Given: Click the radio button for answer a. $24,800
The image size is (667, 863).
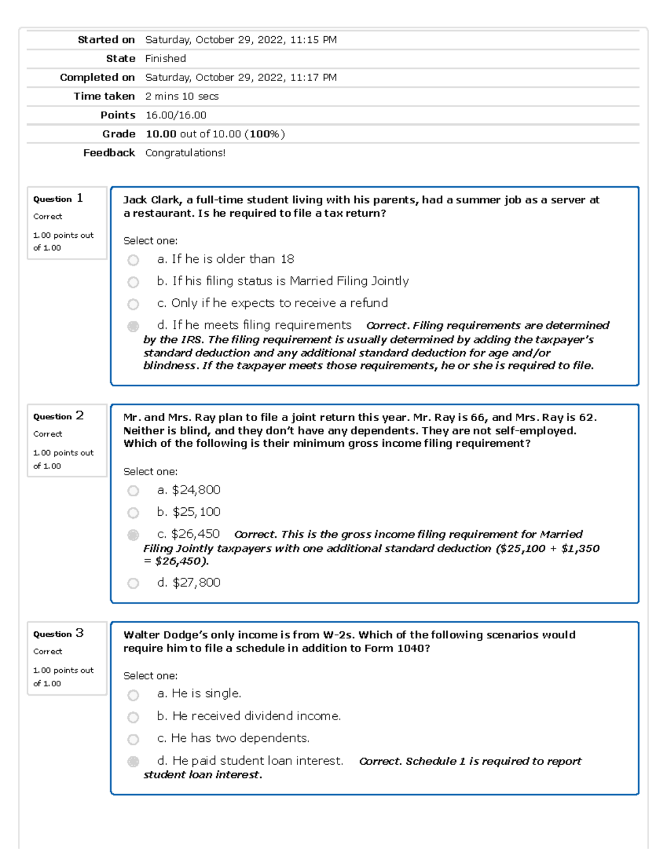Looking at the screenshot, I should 133,491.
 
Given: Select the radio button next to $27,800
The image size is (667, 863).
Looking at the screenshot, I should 133,583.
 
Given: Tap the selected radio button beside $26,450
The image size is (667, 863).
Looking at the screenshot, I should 133,535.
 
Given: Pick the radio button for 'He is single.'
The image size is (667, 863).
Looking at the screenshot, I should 133,695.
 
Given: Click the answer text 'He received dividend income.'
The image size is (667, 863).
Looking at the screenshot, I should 256,716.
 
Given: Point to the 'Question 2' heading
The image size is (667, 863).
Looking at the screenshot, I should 58,416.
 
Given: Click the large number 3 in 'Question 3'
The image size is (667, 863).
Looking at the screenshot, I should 79,632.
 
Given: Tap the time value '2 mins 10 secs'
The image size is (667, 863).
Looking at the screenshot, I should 182,96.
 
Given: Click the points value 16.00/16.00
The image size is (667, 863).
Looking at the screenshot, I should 176,115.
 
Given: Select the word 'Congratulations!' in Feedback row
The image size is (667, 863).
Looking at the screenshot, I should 185,153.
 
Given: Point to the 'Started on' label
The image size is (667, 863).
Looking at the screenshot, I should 106,39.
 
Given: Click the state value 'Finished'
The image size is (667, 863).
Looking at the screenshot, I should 165,58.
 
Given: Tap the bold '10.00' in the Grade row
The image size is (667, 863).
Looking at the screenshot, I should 161,134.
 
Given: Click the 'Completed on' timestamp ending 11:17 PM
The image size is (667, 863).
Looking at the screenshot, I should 241,77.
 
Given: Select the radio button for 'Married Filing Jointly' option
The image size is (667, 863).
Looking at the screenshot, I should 133,282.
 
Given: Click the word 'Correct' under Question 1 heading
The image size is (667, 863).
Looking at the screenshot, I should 48,216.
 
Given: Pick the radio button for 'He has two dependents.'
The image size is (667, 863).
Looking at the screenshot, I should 133,739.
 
